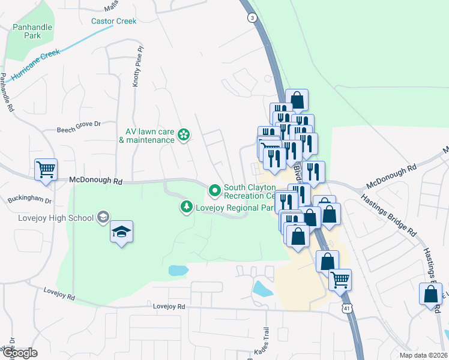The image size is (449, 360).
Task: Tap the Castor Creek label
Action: click(113, 21)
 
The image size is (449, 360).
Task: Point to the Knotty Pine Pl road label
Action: click(137, 67)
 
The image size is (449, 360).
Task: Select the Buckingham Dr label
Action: click(30, 200)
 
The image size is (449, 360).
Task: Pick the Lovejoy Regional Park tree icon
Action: click(187, 208)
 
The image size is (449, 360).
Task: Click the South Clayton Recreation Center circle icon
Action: click(215, 191)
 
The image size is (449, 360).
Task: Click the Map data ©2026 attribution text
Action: click(423, 355)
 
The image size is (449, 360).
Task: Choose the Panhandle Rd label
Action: click(7, 93)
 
